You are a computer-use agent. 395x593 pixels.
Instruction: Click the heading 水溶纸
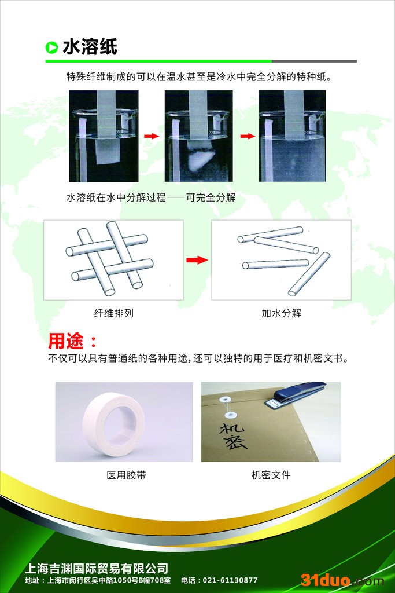(x=90, y=47)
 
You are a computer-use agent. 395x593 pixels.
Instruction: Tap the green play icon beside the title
(x=51, y=47)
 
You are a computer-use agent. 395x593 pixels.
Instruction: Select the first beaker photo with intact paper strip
(x=103, y=136)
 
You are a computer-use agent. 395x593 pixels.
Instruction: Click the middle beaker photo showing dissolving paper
(x=198, y=136)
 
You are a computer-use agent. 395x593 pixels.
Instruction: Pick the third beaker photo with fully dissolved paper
(x=292, y=136)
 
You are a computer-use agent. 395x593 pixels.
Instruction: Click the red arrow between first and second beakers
(x=151, y=136)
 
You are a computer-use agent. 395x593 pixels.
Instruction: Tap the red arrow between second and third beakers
(x=248, y=136)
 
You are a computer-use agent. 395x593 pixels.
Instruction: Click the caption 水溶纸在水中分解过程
(x=116, y=197)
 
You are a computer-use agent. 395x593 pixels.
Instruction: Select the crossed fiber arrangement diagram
(x=113, y=259)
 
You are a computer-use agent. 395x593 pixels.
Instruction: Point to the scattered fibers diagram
(x=281, y=259)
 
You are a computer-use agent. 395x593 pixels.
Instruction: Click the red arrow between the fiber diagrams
(x=197, y=260)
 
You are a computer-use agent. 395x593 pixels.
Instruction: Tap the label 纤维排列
(x=113, y=313)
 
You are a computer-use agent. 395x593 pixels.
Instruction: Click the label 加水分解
(x=281, y=313)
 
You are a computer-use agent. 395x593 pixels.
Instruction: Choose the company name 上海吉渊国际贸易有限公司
(x=97, y=568)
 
